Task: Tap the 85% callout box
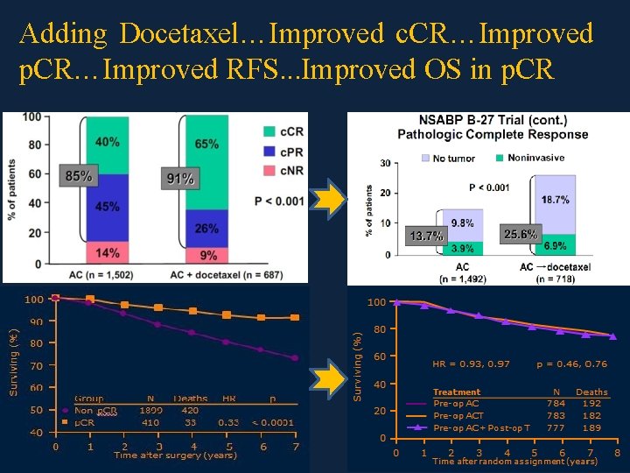(78, 176)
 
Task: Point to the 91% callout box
(179, 179)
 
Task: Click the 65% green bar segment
(207, 144)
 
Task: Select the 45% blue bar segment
(108, 207)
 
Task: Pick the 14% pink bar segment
(108, 253)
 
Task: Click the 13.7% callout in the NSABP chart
(426, 236)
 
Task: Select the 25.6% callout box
(521, 235)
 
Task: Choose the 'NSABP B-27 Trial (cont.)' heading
(493, 120)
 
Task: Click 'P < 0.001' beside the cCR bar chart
(279, 201)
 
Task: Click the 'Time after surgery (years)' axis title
(175, 455)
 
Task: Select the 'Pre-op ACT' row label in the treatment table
(458, 415)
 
